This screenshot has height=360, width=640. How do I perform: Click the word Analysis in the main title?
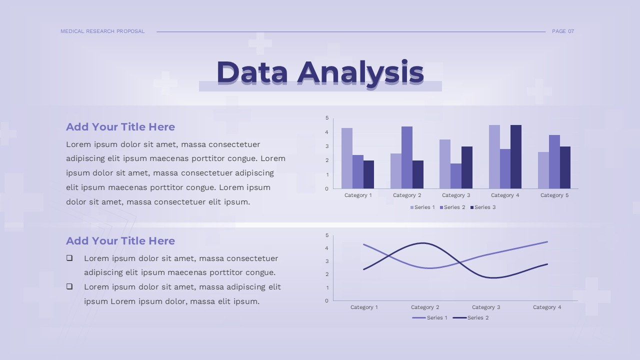360,72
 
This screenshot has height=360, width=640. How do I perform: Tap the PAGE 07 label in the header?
563,31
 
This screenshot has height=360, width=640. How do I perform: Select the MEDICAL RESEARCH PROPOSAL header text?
102,31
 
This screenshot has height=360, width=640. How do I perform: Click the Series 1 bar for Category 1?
346,158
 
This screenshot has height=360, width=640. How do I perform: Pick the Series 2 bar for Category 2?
407,157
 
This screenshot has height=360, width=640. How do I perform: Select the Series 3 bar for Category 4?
516,156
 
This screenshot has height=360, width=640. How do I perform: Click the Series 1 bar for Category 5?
543,170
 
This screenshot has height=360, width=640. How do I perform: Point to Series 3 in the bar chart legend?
483,207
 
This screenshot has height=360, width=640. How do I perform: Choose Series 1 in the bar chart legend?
422,207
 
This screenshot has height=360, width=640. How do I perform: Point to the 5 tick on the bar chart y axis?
327,118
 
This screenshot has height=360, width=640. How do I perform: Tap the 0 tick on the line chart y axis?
327,301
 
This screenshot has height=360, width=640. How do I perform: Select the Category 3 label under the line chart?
486,307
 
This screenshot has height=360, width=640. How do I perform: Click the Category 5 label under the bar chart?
554,195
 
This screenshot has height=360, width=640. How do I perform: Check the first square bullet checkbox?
69,258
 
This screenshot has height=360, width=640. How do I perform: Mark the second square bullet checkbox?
69,286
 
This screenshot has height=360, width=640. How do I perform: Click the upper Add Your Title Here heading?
120,127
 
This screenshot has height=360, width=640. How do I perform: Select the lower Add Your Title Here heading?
120,241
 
